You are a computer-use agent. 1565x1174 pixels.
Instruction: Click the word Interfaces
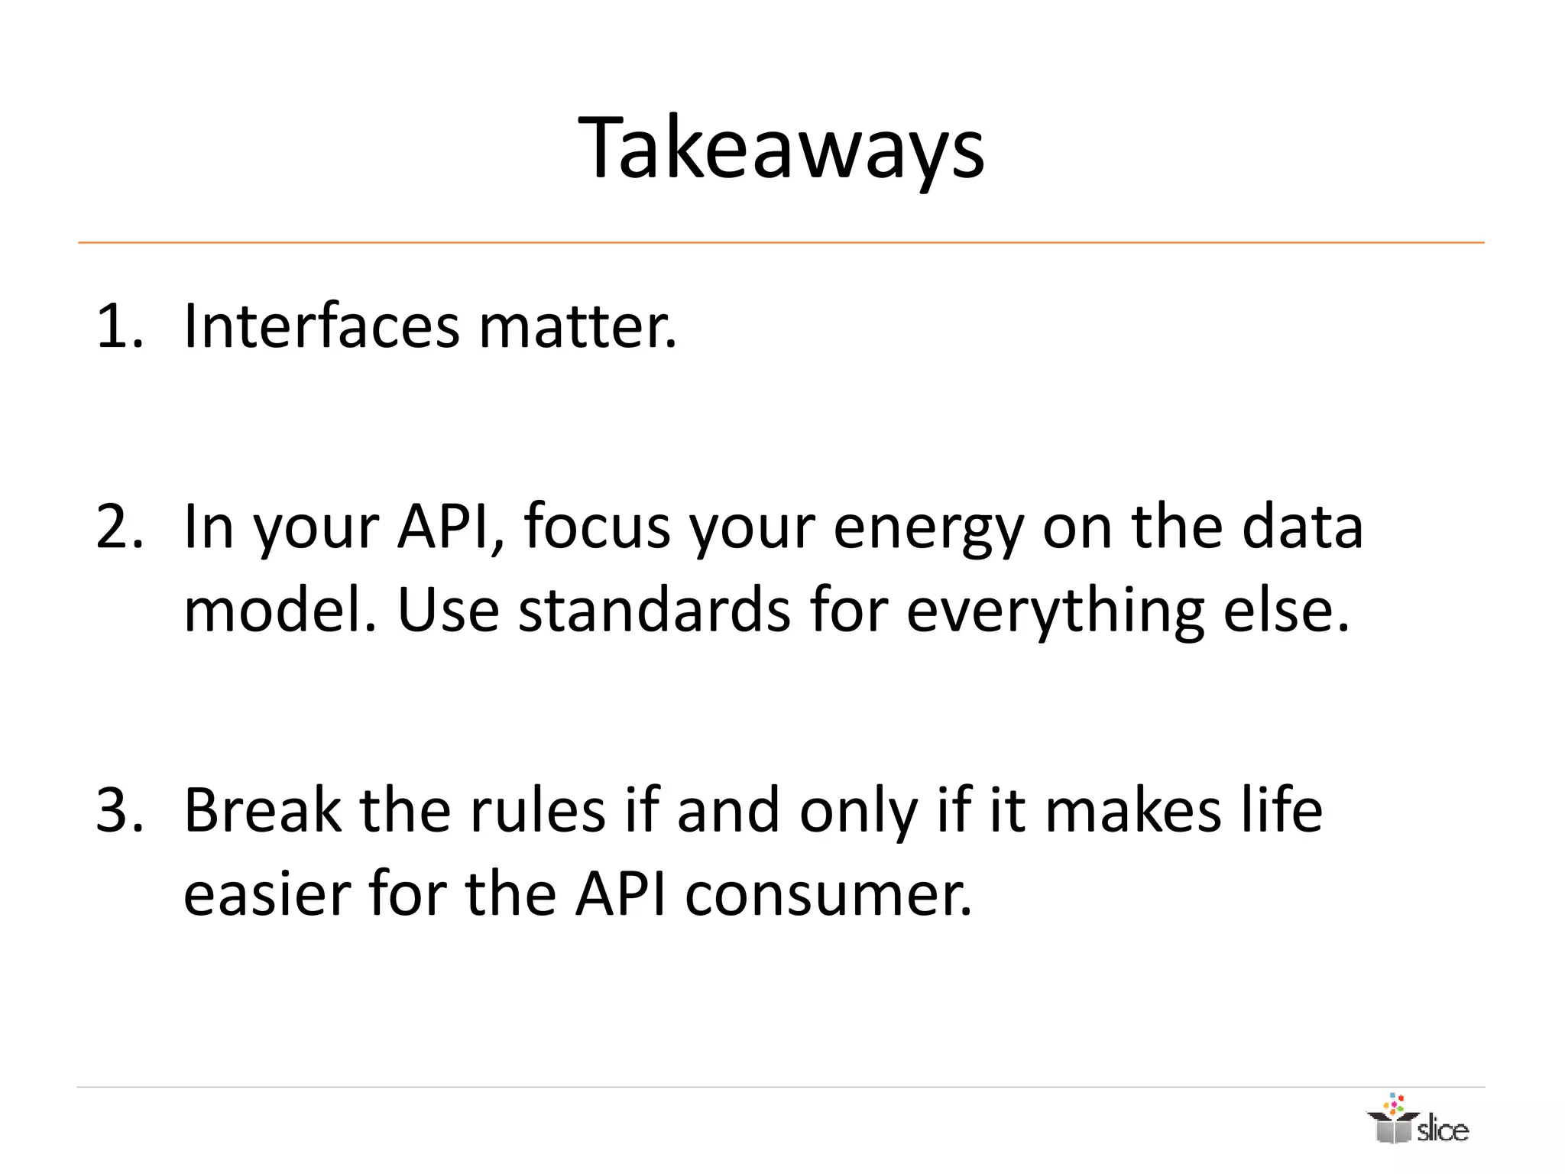point(322,327)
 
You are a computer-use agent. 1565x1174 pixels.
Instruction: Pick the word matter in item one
point(578,327)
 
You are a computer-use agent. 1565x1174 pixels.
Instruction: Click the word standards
point(654,611)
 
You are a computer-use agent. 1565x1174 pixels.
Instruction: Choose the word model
point(280,611)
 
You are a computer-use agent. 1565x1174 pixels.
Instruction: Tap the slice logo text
point(1442,1130)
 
